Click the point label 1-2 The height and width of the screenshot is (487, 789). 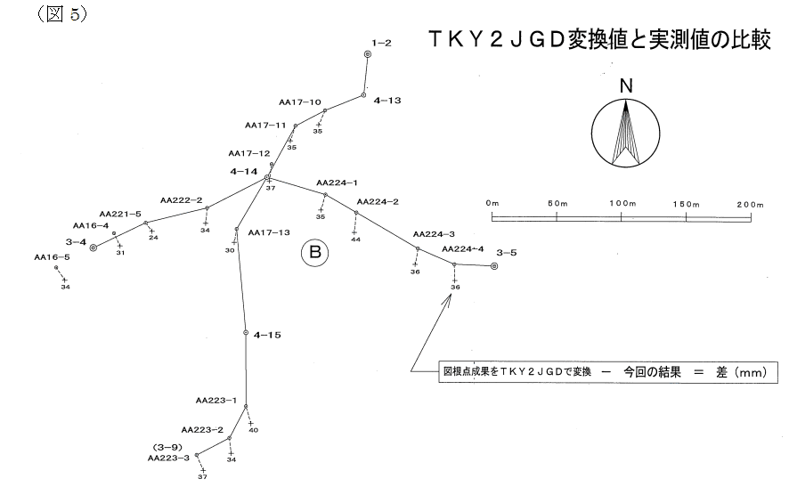coord(380,42)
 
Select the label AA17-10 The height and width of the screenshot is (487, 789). coord(300,102)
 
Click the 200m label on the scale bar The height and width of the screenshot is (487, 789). coord(751,204)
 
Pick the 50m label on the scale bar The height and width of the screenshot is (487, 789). coord(557,204)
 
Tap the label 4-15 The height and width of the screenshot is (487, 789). coord(267,336)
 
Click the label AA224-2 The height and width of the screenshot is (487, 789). coord(377,201)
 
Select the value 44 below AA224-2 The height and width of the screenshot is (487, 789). coord(355,239)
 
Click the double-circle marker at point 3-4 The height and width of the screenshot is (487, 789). coord(94,248)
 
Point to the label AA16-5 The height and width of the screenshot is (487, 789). coord(52,257)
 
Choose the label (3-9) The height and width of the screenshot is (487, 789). coord(167,446)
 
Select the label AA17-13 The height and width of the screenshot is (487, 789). coord(269,232)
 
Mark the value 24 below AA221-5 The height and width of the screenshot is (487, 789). coord(153,238)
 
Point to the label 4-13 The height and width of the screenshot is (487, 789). coord(388,101)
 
